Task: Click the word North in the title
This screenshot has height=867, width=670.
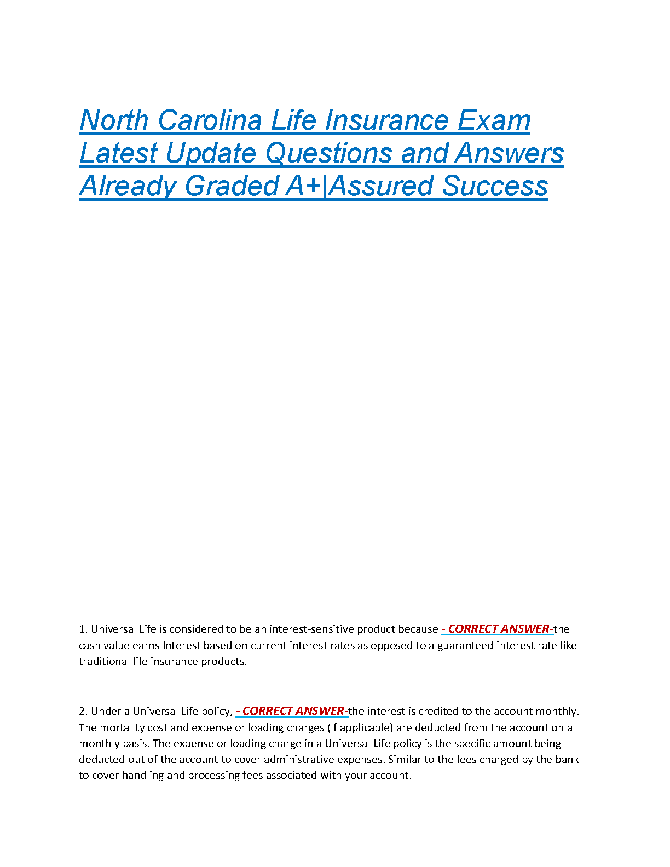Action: tap(114, 120)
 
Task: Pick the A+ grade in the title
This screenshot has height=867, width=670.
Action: tap(303, 186)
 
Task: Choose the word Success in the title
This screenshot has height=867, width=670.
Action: tap(495, 186)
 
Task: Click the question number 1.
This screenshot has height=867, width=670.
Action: tap(83, 629)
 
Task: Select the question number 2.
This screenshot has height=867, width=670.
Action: tap(83, 712)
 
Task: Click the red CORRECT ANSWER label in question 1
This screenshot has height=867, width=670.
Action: tap(498, 629)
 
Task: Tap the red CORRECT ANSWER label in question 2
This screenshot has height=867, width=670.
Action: tap(293, 711)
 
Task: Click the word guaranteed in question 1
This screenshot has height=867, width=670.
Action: tap(465, 645)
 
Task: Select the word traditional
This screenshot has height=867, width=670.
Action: tap(104, 661)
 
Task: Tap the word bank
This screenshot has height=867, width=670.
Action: tap(567, 759)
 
